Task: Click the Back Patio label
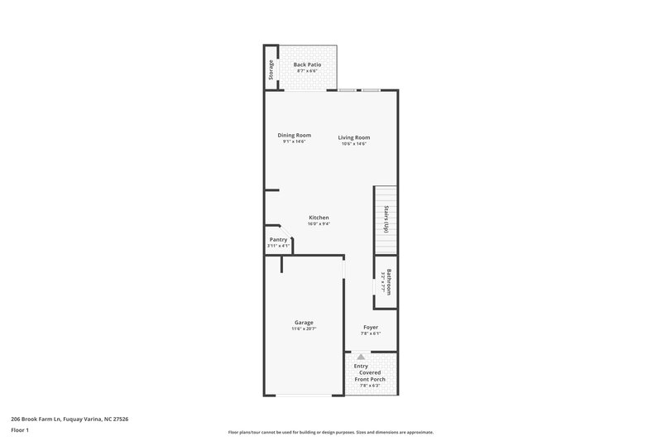(307, 64)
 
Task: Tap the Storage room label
(271, 71)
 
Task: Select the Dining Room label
(294, 135)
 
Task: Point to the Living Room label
(353, 137)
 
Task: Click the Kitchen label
(319, 218)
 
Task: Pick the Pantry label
(277, 239)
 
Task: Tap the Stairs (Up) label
(386, 221)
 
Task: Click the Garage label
(304, 322)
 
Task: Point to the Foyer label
(371, 327)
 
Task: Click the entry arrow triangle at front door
(360, 356)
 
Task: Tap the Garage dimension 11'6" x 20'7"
(304, 328)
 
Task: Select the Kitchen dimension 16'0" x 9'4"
(319, 224)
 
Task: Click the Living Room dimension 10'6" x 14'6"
(353, 144)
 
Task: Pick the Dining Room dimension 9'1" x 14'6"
(294, 141)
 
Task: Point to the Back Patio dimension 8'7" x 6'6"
(307, 70)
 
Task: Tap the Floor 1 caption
(21, 430)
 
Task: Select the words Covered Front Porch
(371, 376)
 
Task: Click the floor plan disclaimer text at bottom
(330, 432)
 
